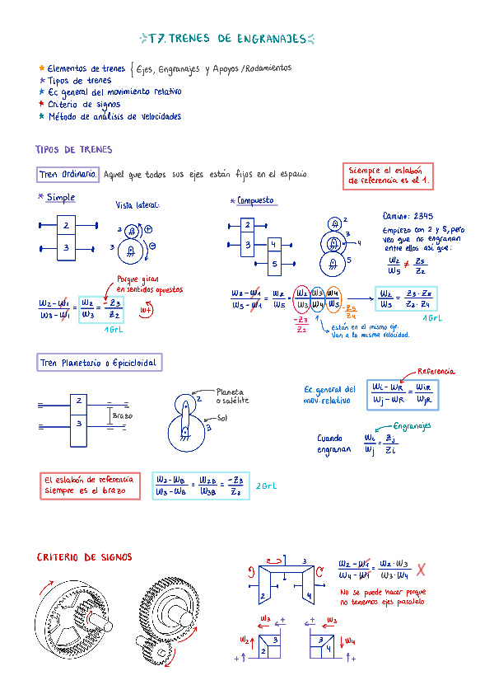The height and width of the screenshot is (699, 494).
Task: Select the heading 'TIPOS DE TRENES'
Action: point(74,150)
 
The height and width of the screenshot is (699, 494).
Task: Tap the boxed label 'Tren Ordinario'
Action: point(69,175)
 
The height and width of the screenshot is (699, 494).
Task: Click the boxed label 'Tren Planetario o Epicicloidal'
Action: point(100,363)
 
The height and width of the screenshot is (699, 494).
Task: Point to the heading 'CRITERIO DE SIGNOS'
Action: point(84,558)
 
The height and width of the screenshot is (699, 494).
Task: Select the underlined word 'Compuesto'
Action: point(255,200)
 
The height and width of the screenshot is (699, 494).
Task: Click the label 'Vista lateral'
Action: point(137,205)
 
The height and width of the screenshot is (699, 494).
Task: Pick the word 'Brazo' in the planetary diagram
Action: point(122,416)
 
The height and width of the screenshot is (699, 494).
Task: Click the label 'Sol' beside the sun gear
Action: point(222,418)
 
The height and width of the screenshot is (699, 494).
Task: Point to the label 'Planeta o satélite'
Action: point(231,396)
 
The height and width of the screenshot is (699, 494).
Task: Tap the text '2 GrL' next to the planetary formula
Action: point(267,486)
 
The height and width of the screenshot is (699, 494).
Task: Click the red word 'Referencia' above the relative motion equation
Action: point(436,372)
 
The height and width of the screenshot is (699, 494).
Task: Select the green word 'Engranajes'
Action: point(412,426)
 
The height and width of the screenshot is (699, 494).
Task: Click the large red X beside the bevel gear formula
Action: point(420,570)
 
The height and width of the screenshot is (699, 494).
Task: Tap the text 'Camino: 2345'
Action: point(408,215)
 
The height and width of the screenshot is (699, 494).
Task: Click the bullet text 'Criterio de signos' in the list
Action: point(84,105)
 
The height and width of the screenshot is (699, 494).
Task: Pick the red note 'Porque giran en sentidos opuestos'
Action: point(149,284)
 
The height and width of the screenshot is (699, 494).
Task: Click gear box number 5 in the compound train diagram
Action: point(274,264)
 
